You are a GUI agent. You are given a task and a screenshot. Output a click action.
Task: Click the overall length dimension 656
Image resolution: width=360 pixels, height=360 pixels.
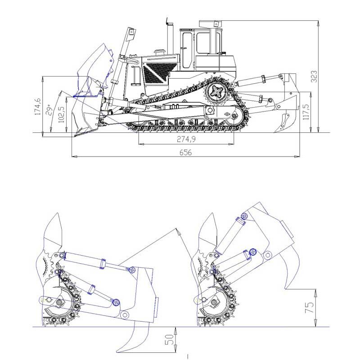coord(185,153)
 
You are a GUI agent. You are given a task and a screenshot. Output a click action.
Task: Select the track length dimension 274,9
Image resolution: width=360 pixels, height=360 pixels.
coord(186,139)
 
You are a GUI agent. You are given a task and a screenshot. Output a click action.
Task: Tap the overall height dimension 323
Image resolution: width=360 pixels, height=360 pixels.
coord(314,76)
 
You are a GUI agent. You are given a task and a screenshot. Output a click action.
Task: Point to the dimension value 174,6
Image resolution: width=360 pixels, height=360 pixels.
coord(38,106)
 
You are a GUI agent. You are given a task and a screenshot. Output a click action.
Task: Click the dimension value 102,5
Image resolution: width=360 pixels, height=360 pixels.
coord(61,114)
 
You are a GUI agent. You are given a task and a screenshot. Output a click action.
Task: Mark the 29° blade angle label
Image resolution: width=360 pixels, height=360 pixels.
coord(49,110)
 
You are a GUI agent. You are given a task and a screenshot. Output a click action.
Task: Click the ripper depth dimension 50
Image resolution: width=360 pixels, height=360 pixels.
coord(169,340)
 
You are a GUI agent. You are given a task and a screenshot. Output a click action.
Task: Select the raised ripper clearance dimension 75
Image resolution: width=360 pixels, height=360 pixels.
coord(309,308)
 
